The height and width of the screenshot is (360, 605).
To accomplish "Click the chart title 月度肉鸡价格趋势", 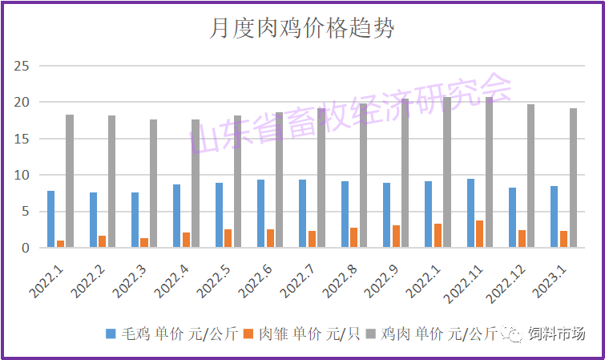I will pyautogui.click(x=302, y=30).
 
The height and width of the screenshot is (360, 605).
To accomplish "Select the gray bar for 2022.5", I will pyautogui.click(x=237, y=181).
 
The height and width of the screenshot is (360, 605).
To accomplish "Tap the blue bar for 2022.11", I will pyautogui.click(x=470, y=213).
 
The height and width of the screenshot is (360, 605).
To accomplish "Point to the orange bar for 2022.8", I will pyautogui.click(x=353, y=237).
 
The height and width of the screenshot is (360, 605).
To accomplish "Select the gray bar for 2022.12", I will pyautogui.click(x=530, y=176).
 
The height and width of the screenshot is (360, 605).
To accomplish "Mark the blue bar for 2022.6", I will pyautogui.click(x=261, y=213).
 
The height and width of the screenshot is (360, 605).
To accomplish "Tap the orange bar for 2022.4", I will pyautogui.click(x=186, y=240).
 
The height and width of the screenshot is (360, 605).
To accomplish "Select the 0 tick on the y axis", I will pyautogui.click(x=26, y=248).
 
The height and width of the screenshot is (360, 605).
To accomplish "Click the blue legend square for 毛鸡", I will pyautogui.click(x=111, y=332).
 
